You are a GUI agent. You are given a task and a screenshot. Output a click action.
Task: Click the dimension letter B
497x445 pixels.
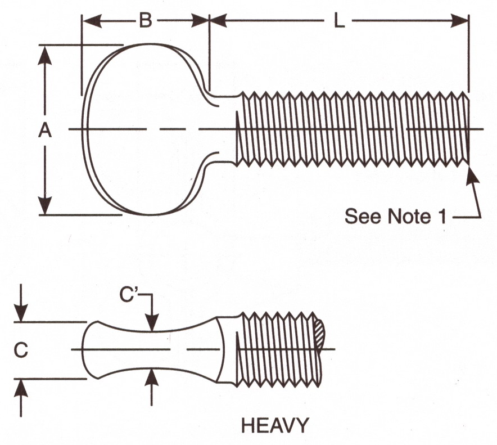[146, 21]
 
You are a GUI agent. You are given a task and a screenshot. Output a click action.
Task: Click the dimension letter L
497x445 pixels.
[340, 21]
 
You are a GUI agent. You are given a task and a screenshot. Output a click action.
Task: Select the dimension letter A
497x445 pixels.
[44, 131]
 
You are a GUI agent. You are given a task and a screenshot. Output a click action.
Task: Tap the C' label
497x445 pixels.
[128, 294]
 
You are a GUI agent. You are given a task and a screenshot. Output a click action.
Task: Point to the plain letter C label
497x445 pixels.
[21, 350]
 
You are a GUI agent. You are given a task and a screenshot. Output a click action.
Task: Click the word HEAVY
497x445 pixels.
[275, 425]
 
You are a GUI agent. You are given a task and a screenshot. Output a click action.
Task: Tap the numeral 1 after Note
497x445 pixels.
[442, 216]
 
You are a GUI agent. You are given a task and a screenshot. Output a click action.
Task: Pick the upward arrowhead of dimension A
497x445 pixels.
[44, 55]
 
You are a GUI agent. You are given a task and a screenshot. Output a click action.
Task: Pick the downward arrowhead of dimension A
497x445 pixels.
[44, 205]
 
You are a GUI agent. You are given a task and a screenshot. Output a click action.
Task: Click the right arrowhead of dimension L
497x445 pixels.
[459, 21]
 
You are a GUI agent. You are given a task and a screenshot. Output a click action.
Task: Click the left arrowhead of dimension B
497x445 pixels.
[92, 21]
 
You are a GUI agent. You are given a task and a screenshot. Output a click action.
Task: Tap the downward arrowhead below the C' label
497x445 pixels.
[152, 323]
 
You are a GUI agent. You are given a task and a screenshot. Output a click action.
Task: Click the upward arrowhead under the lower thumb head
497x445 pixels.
[152, 377]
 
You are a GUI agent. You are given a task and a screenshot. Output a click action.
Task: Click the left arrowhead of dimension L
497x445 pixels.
[219, 21]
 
